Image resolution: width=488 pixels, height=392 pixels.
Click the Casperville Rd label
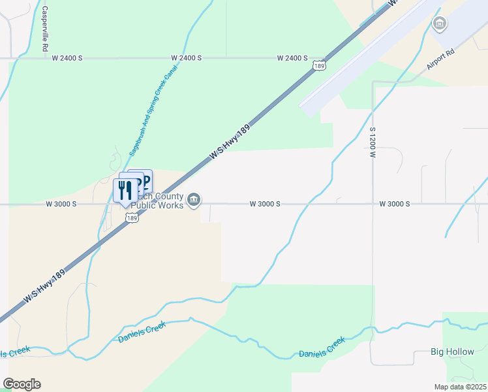tap(45, 30)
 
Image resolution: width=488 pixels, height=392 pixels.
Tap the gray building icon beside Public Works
tap(194, 200)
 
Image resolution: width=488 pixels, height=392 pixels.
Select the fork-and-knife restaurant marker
tap(124, 190)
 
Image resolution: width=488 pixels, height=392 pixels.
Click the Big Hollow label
tap(453, 351)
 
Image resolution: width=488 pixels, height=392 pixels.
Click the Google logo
tap(22, 384)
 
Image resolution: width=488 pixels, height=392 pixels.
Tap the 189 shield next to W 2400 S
tap(319, 65)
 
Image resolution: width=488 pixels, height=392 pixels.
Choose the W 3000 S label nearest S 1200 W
tap(395, 204)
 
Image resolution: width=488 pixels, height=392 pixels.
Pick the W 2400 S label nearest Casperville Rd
tap(67, 58)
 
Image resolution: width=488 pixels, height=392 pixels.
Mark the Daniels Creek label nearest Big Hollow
tap(322, 348)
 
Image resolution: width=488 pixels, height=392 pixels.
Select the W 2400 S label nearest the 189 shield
tap(292, 58)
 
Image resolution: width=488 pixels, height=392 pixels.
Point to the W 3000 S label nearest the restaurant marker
tap(61, 204)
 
